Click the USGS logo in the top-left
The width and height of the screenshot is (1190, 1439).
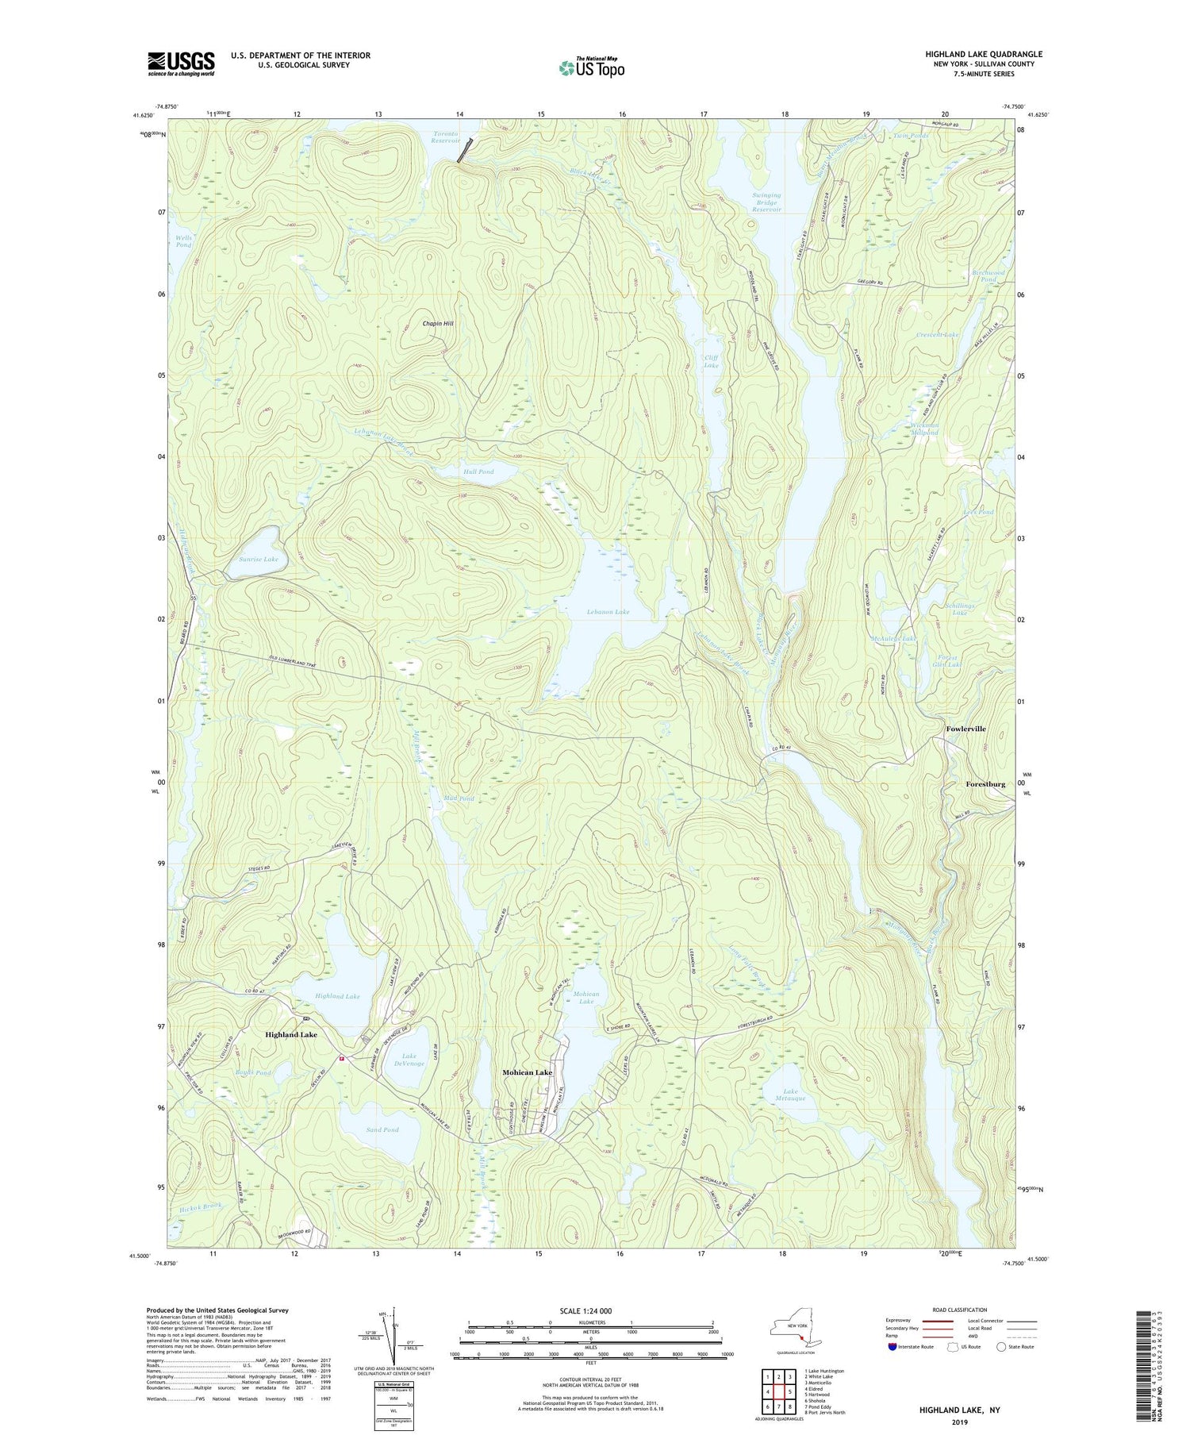point(181,63)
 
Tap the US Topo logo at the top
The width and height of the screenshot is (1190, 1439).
point(591,67)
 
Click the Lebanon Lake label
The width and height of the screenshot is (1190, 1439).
point(608,612)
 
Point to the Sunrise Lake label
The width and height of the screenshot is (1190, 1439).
point(259,560)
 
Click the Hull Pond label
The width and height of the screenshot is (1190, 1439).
point(478,471)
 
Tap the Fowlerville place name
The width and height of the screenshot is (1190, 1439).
point(965,729)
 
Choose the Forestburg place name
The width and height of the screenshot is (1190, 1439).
point(985,784)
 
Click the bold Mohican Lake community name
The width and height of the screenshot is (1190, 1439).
point(527,1072)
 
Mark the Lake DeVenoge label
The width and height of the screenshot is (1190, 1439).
point(409,1060)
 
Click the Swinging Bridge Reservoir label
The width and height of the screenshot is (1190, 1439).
point(766,202)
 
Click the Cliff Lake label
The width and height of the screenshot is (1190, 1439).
point(711,361)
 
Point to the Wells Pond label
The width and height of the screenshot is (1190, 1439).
point(182,241)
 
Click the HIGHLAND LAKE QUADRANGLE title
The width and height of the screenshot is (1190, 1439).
point(983,54)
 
